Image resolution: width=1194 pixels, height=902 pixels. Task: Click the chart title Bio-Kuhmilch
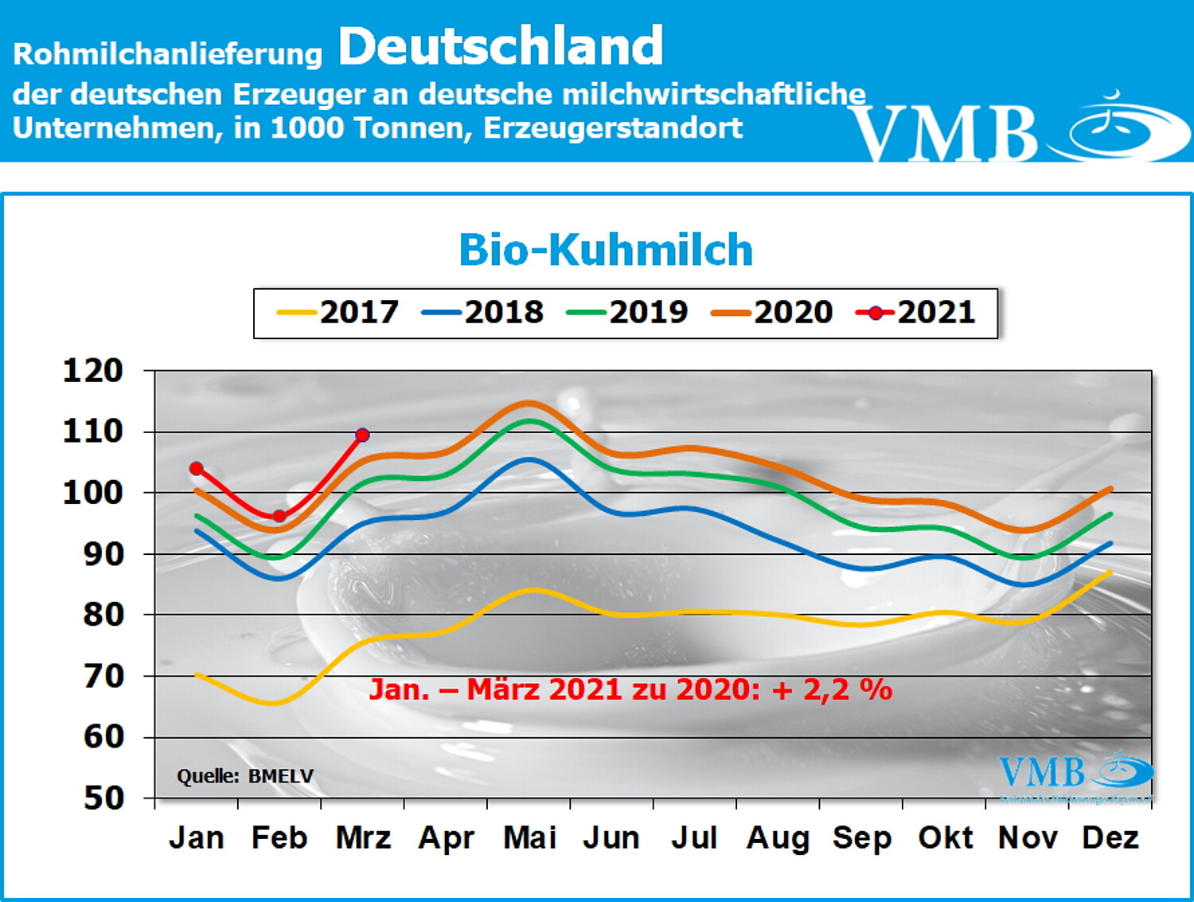click(x=606, y=250)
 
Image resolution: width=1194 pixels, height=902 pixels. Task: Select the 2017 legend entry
click(x=338, y=312)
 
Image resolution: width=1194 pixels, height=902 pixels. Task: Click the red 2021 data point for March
click(x=362, y=435)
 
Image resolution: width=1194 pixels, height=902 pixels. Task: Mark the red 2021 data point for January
click(x=197, y=468)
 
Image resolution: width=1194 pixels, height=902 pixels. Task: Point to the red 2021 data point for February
click(x=279, y=516)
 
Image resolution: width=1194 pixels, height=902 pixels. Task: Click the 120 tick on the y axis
click(x=93, y=371)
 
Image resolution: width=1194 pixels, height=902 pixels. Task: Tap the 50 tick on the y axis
click(x=103, y=798)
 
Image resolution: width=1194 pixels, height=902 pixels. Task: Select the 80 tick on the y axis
click(x=103, y=615)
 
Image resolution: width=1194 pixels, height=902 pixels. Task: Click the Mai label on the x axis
click(x=529, y=838)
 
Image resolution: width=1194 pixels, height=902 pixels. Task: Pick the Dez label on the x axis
click(x=1110, y=838)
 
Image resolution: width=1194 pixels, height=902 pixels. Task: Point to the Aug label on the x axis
click(x=777, y=838)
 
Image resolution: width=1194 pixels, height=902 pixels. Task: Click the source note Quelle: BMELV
click(x=245, y=776)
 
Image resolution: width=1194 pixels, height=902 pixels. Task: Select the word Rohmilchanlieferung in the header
click(x=168, y=54)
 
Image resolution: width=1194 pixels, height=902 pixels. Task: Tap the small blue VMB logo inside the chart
click(x=1074, y=772)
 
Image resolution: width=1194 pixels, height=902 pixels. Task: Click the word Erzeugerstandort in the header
click(x=613, y=128)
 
